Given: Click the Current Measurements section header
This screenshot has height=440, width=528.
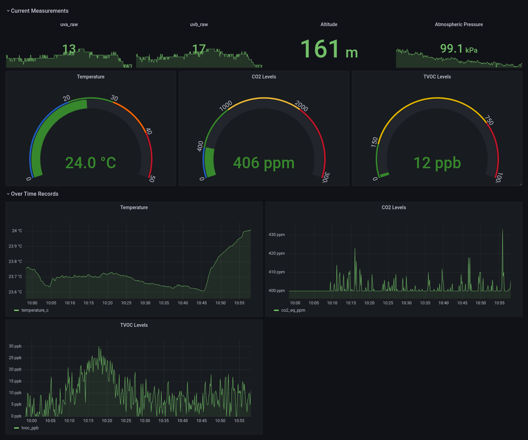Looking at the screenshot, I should (x=40, y=11).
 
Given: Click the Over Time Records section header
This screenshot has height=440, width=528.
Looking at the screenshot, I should (x=34, y=194).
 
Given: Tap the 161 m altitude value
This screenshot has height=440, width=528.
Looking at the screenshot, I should (x=329, y=50).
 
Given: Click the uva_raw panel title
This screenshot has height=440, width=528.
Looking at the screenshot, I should (x=69, y=24).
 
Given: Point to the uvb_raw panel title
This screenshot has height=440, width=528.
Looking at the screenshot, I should (x=199, y=24).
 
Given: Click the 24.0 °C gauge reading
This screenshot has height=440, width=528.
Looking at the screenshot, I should (x=91, y=163).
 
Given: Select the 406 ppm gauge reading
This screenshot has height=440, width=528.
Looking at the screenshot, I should (x=264, y=163).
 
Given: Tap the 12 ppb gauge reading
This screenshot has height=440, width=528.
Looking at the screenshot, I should (x=437, y=163).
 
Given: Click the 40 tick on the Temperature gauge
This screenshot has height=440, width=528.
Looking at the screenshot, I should (x=148, y=131).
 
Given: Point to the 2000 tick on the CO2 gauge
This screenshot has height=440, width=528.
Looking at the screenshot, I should (x=301, y=106).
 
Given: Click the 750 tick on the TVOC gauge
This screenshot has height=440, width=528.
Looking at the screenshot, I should (x=489, y=120).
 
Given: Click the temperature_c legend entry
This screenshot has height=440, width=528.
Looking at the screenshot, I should (x=35, y=310).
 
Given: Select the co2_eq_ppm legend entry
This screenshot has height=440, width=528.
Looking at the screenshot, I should (x=293, y=310).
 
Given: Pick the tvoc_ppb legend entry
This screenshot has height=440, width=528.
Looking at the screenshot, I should (x=30, y=428).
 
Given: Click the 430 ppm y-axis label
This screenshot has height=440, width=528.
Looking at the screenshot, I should (x=277, y=235).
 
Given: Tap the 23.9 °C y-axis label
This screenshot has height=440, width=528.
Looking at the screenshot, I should (x=15, y=246).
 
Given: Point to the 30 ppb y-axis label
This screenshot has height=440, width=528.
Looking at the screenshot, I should (x=15, y=346).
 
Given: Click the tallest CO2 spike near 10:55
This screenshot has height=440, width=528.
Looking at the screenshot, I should (x=503, y=230).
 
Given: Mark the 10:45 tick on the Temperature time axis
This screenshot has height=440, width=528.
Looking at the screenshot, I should (x=201, y=303).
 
